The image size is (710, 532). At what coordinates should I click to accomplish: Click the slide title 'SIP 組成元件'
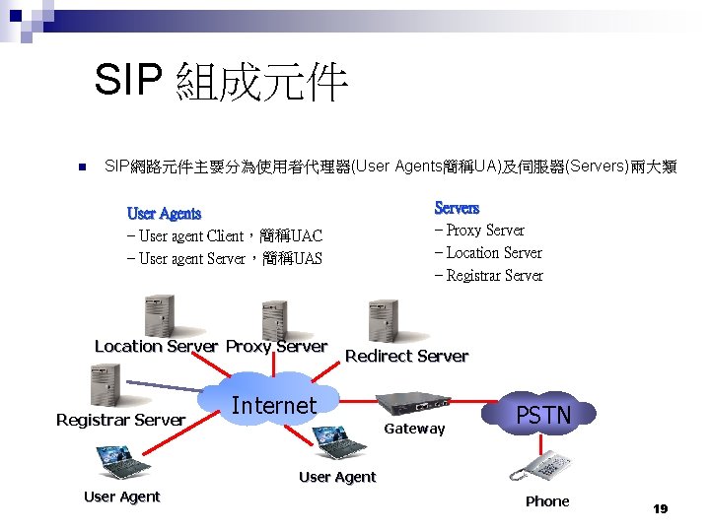coord(222,83)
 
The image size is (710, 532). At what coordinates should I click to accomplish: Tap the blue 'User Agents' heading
coord(164,214)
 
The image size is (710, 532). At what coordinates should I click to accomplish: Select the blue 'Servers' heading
coord(457,208)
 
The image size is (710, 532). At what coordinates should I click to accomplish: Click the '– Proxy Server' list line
coord(479,231)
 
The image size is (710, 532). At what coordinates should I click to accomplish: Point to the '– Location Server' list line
coord(488,253)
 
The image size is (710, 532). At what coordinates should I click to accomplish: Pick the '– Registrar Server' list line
coord(489,276)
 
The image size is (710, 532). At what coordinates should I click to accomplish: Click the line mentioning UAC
coord(225,236)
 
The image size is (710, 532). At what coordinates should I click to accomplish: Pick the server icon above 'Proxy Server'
coord(274,320)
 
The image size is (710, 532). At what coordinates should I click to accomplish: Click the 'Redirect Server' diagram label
coord(406,357)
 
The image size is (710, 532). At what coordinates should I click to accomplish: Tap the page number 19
coord(660,509)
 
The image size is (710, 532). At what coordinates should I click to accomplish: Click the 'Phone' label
coord(547,501)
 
